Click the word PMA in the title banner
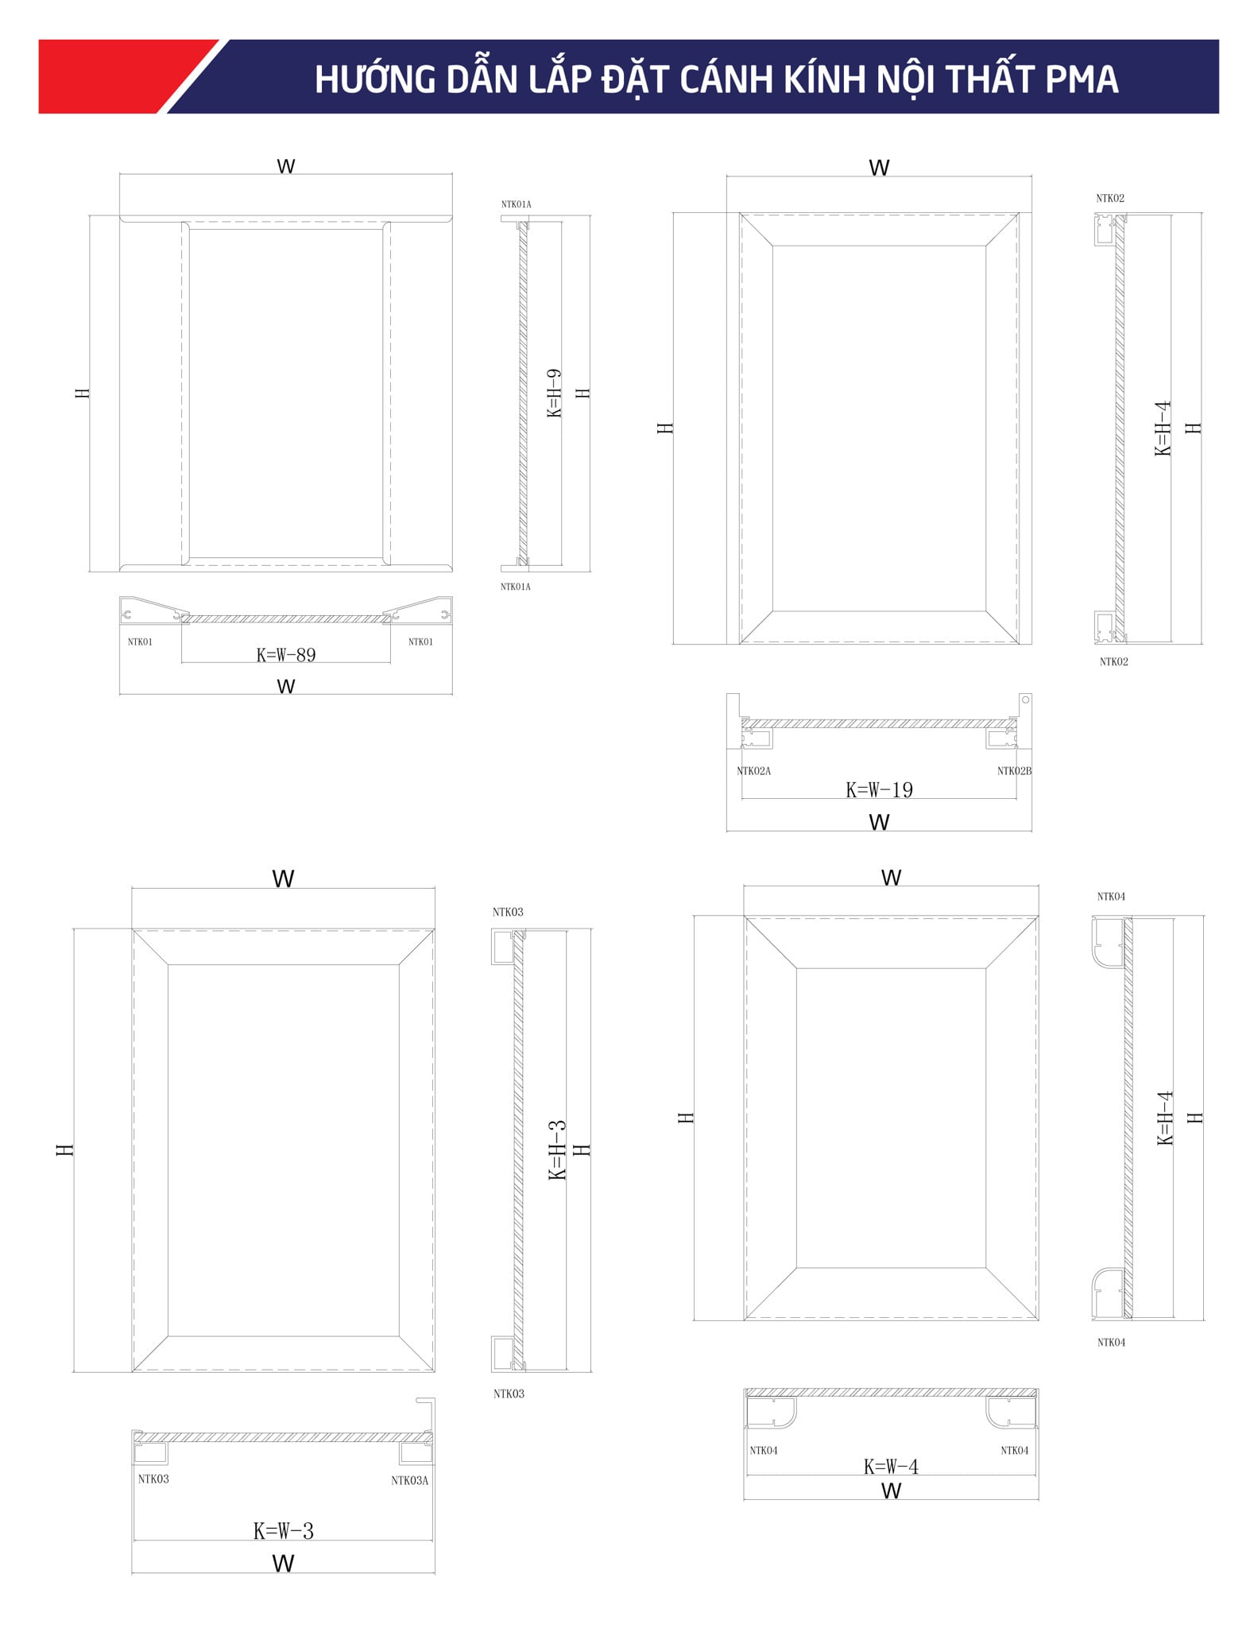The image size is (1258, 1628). click(x=1082, y=79)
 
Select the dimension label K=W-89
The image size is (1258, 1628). click(x=286, y=655)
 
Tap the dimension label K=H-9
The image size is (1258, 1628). click(x=554, y=393)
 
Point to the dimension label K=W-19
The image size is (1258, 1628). click(x=879, y=790)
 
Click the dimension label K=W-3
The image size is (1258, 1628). click(x=284, y=1531)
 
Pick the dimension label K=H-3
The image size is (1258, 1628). click(x=557, y=1149)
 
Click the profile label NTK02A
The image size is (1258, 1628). click(x=753, y=771)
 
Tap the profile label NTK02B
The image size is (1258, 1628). click(x=1014, y=771)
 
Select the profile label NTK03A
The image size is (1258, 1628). click(x=409, y=1480)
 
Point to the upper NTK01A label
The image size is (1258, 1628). click(x=516, y=204)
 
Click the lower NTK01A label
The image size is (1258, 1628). click(x=515, y=587)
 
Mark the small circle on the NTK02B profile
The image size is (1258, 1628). click(x=1025, y=700)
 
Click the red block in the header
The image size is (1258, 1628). click(x=119, y=76)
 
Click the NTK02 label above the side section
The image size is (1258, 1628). click(x=1110, y=199)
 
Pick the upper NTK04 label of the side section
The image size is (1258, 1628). click(x=1111, y=897)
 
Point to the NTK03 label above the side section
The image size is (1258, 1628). click(x=508, y=913)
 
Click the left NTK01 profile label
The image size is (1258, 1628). click(x=140, y=642)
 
